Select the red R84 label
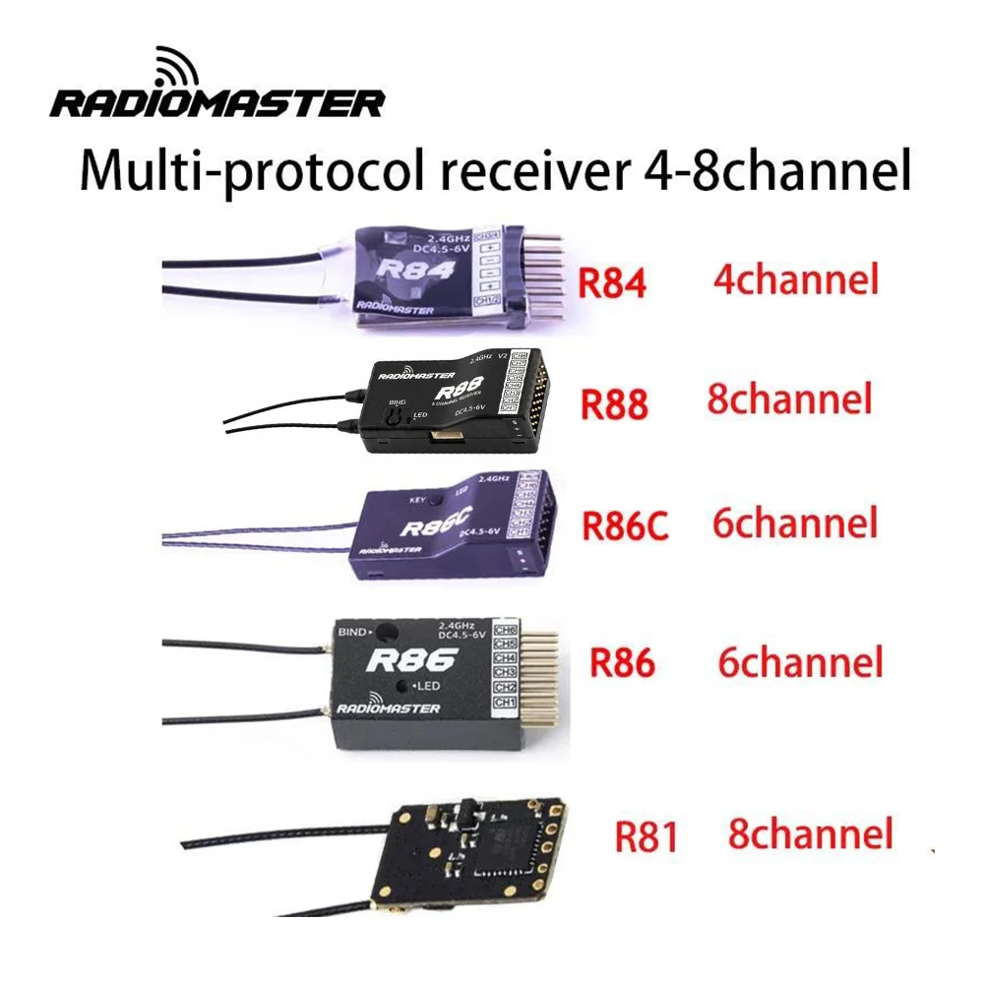pos(612,283)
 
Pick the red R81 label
pos(646,836)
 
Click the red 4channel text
pos(794,280)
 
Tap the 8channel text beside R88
pos(789,400)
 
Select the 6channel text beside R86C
pos(794,523)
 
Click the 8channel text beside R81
pos(811,833)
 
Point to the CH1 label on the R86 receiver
pos(505,702)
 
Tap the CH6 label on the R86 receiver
pos(505,628)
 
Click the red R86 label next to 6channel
pos(622,662)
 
